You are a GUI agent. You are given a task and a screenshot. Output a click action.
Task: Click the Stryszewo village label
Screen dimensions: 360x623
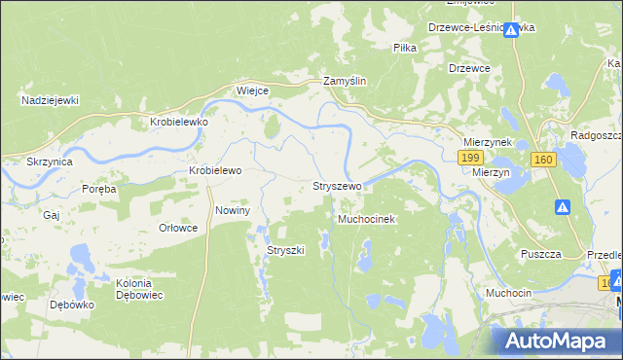(337, 185)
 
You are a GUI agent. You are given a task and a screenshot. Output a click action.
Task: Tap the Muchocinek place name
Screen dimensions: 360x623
(366, 220)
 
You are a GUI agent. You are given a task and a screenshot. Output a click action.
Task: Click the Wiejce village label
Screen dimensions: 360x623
(252, 90)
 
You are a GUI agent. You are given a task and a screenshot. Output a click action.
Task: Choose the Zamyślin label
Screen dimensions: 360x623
(345, 82)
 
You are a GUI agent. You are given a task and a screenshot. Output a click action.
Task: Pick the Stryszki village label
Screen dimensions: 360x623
(286, 250)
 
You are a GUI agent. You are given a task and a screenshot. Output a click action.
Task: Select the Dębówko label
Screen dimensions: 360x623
(69, 305)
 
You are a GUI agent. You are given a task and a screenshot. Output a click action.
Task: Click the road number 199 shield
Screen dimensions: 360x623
(472, 157)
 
